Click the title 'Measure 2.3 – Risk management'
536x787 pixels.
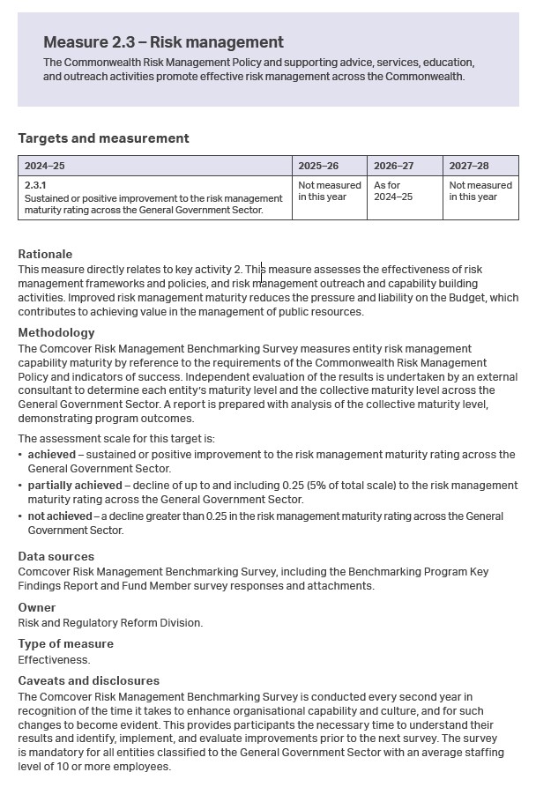[x=163, y=42]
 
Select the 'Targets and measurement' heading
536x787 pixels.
[x=103, y=138]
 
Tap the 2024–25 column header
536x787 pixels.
[x=45, y=166]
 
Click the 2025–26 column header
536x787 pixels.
[x=318, y=166]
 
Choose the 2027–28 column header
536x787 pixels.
[x=469, y=166]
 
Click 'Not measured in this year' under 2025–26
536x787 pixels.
[x=329, y=191]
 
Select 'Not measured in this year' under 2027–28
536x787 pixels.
[x=480, y=191]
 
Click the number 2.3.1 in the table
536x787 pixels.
[x=34, y=186]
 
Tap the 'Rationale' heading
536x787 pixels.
[x=45, y=254]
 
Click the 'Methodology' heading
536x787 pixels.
[x=56, y=333]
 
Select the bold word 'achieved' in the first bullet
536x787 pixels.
[x=52, y=455]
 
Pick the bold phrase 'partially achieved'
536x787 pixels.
[x=74, y=486]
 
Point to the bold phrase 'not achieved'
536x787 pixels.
[x=60, y=516]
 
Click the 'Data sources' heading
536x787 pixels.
[x=56, y=557]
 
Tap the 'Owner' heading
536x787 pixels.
[x=37, y=607]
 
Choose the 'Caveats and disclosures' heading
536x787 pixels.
[x=88, y=681]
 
